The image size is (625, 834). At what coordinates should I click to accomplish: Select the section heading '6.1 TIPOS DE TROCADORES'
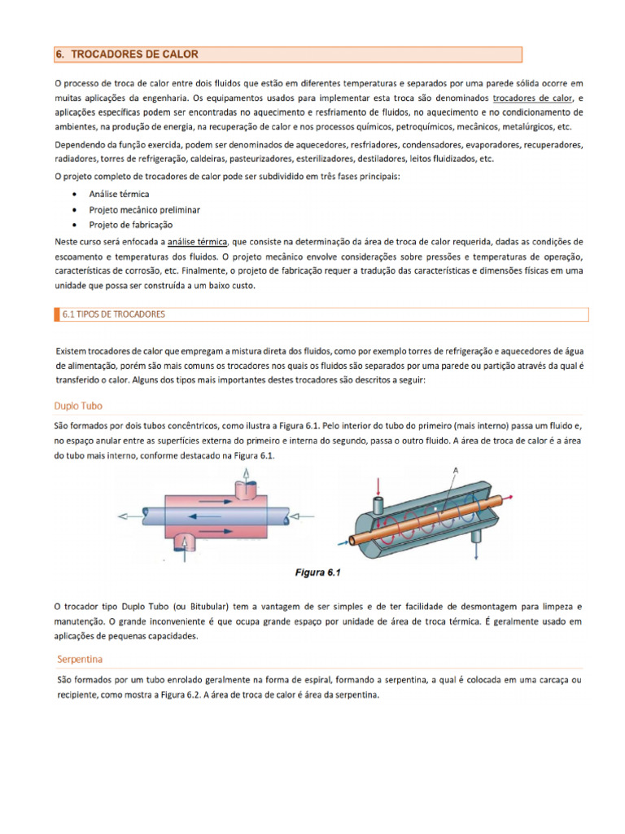[x=114, y=314]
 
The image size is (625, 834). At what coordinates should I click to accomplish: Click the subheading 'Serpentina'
[x=80, y=658]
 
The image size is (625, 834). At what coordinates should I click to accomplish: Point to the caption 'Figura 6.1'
[x=317, y=573]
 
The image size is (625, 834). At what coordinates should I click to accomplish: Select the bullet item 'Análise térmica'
[x=119, y=195]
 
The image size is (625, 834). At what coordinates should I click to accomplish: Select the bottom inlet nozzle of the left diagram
[x=186, y=541]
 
